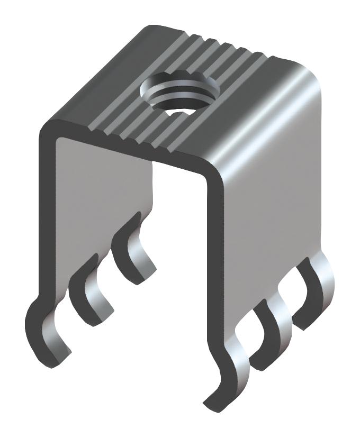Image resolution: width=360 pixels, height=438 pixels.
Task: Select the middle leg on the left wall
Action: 90,288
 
